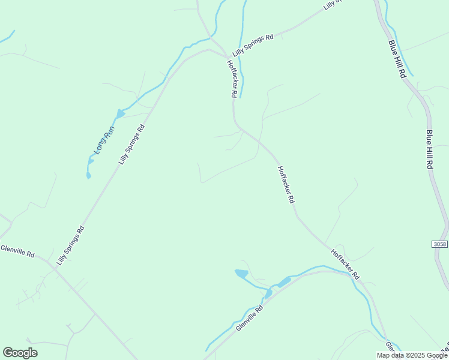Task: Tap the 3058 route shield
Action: coord(439,244)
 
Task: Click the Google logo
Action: coord(20,353)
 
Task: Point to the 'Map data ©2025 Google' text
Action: coord(412,355)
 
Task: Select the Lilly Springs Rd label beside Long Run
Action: coord(132,145)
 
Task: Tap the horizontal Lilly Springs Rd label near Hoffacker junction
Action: coord(253,45)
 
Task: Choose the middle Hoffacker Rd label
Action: coord(286,184)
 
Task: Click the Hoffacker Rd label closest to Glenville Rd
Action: coord(345,264)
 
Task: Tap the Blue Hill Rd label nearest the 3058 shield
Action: coord(430,149)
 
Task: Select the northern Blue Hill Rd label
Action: coord(397,58)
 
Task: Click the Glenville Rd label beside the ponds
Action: coord(250,319)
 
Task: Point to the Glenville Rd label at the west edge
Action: coord(17,250)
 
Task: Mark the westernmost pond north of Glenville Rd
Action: coord(241,274)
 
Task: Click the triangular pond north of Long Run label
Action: coord(120,113)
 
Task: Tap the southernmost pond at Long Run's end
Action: coord(89,175)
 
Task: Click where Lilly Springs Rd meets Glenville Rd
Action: coord(54,265)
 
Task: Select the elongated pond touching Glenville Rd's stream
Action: coord(283,281)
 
